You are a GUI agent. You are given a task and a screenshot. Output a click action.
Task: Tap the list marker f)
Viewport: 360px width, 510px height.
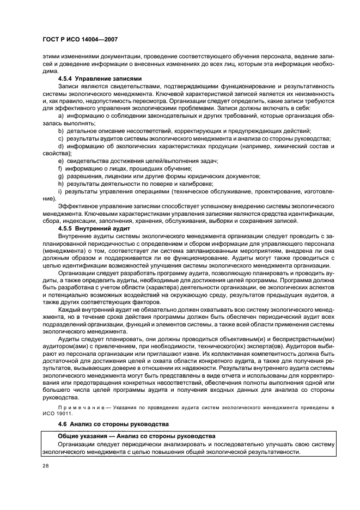[x=60, y=168]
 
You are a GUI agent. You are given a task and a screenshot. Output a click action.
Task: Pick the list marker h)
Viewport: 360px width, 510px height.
[x=60, y=184]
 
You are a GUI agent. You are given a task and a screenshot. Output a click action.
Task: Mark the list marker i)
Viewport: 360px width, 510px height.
[x=59, y=191]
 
